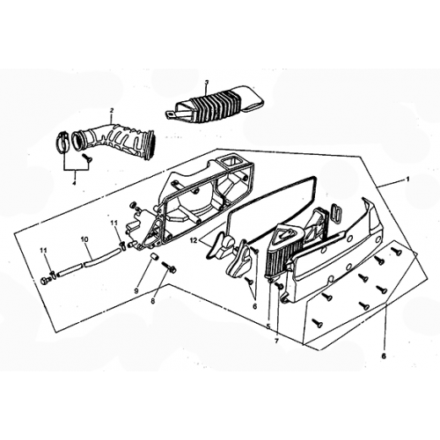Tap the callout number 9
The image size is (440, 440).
click(136, 290)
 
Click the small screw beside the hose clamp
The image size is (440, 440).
click(87, 157)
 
